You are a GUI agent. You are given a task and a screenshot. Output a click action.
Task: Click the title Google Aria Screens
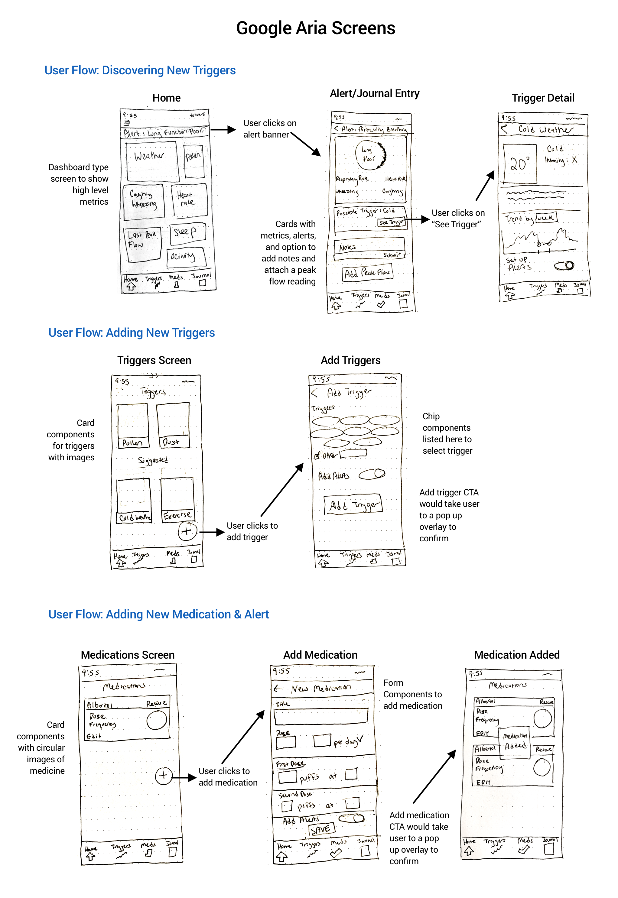tap(316, 28)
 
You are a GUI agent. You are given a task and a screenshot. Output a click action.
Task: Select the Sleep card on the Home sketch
tap(187, 232)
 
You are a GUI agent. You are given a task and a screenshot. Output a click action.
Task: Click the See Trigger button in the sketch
tap(392, 222)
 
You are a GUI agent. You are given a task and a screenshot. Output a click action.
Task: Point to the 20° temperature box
tap(520, 164)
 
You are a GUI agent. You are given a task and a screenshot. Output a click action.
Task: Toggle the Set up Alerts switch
tap(564, 265)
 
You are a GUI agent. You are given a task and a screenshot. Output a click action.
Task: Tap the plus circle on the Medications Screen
tap(163, 775)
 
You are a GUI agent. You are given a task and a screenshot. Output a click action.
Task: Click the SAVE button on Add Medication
tap(321, 829)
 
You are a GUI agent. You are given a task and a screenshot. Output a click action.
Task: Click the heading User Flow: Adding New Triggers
tap(131, 332)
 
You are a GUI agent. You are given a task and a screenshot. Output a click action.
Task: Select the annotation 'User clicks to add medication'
tap(228, 776)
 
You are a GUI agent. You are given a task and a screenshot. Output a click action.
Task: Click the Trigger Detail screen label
tap(543, 98)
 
